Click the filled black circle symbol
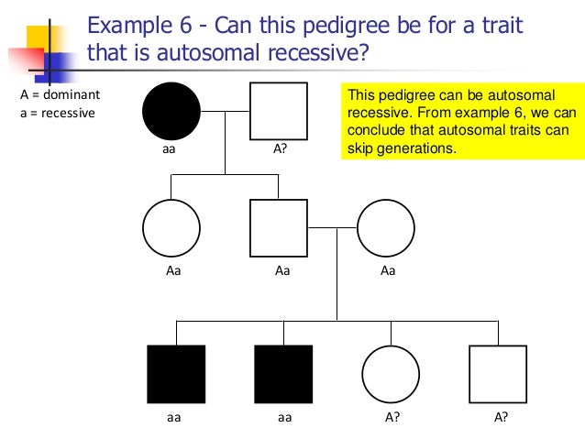click(171, 111)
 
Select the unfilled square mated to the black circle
click(279, 111)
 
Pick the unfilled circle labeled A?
click(391, 374)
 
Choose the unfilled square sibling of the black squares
click(498, 374)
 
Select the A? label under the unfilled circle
click(392, 416)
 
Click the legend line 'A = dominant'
click(60, 94)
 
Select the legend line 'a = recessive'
click(60, 113)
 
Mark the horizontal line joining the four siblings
click(337, 322)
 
